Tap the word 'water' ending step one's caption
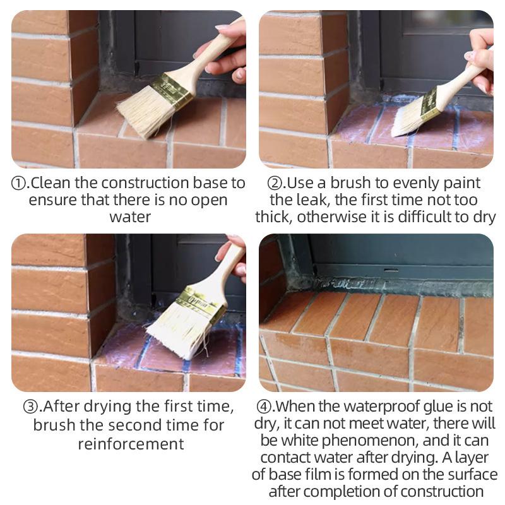click(130, 217)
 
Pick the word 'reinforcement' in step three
click(131, 443)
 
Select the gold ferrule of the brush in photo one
click(170, 92)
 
